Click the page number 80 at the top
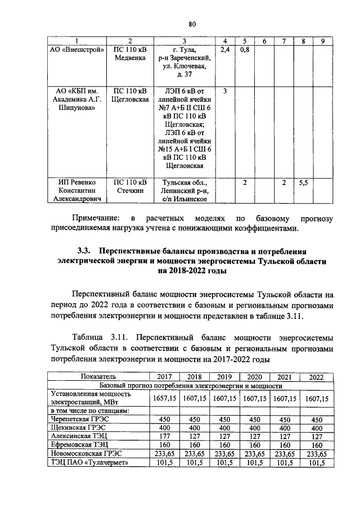191,24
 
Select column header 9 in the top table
322,40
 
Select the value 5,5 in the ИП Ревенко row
303,183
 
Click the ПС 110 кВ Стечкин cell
130,187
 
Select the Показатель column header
99,376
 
